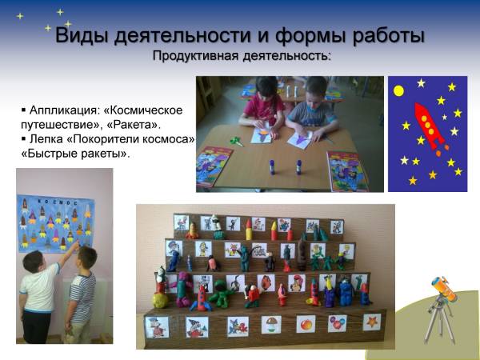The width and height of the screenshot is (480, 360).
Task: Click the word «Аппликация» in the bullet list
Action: pos(64,110)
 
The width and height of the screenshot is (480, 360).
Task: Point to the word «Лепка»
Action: pos(46,139)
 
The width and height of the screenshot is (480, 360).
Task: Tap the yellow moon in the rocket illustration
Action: pos(398,91)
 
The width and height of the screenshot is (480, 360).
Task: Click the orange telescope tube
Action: pos(445,289)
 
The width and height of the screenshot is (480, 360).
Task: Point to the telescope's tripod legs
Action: pos(439,321)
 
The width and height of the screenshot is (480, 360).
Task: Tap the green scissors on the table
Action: pos(237,141)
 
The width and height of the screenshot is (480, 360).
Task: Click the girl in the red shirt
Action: pos(262,106)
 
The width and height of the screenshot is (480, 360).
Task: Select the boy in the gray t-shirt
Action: pos(312,109)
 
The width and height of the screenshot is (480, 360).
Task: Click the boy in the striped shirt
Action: pos(81,294)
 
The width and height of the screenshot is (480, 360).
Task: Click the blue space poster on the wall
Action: pos(56,223)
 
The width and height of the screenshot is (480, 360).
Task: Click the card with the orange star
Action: pos(372,322)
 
